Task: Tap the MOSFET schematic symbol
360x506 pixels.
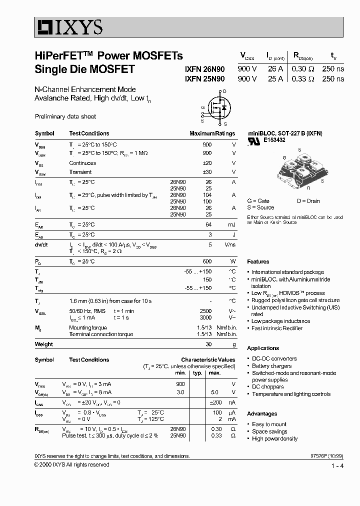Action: (217, 107)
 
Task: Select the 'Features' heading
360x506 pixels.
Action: (258, 261)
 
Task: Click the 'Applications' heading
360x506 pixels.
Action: (263, 348)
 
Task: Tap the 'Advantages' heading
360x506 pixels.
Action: (262, 413)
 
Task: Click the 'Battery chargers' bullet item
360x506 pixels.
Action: (271, 366)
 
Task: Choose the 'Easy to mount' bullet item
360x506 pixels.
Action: (269, 424)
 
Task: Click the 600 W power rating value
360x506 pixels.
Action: (206, 261)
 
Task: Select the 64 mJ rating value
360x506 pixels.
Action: (208, 225)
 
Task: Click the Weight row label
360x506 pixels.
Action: (43, 344)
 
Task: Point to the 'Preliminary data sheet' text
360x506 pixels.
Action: (65, 116)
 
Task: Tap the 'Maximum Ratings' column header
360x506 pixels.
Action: (212, 133)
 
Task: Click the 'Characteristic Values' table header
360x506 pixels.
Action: (208, 359)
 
